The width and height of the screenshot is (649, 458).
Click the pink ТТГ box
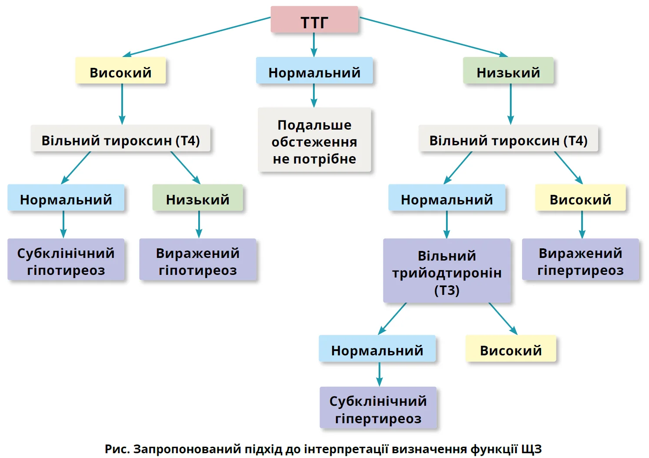click(x=314, y=20)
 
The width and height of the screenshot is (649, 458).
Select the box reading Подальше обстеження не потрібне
click(x=314, y=141)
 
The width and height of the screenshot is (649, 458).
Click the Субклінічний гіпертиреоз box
click(x=378, y=409)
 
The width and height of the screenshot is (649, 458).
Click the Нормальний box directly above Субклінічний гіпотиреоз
click(x=66, y=199)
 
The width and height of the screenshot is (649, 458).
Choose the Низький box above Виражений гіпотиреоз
click(x=198, y=199)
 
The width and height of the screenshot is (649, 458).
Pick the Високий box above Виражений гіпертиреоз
click(x=580, y=199)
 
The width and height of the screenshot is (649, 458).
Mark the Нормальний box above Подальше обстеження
click(x=314, y=71)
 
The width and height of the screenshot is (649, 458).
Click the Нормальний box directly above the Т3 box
click(x=446, y=199)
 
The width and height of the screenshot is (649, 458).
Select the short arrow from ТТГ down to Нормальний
click(x=314, y=45)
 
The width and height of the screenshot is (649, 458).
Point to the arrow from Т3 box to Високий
click(x=503, y=318)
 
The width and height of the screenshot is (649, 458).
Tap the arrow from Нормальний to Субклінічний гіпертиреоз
click(x=379, y=374)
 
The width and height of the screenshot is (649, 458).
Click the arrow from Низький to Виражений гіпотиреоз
click(x=199, y=224)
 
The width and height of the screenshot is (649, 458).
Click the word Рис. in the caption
click(x=117, y=449)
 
